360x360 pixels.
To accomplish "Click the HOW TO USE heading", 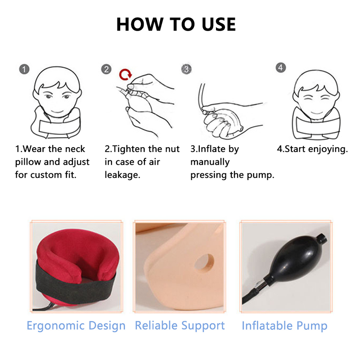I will pyautogui.click(x=176, y=24).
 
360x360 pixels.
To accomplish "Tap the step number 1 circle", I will pyautogui.click(x=24, y=70).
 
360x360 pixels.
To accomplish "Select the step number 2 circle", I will pyautogui.click(x=106, y=69).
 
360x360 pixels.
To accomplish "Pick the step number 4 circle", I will pyautogui.click(x=281, y=68).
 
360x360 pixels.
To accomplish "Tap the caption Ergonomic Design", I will pyautogui.click(x=76, y=325).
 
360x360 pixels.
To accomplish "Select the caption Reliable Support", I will pyautogui.click(x=180, y=325).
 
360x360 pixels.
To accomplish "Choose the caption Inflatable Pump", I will pyautogui.click(x=284, y=325).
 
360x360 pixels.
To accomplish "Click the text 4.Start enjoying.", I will pyautogui.click(x=312, y=149).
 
